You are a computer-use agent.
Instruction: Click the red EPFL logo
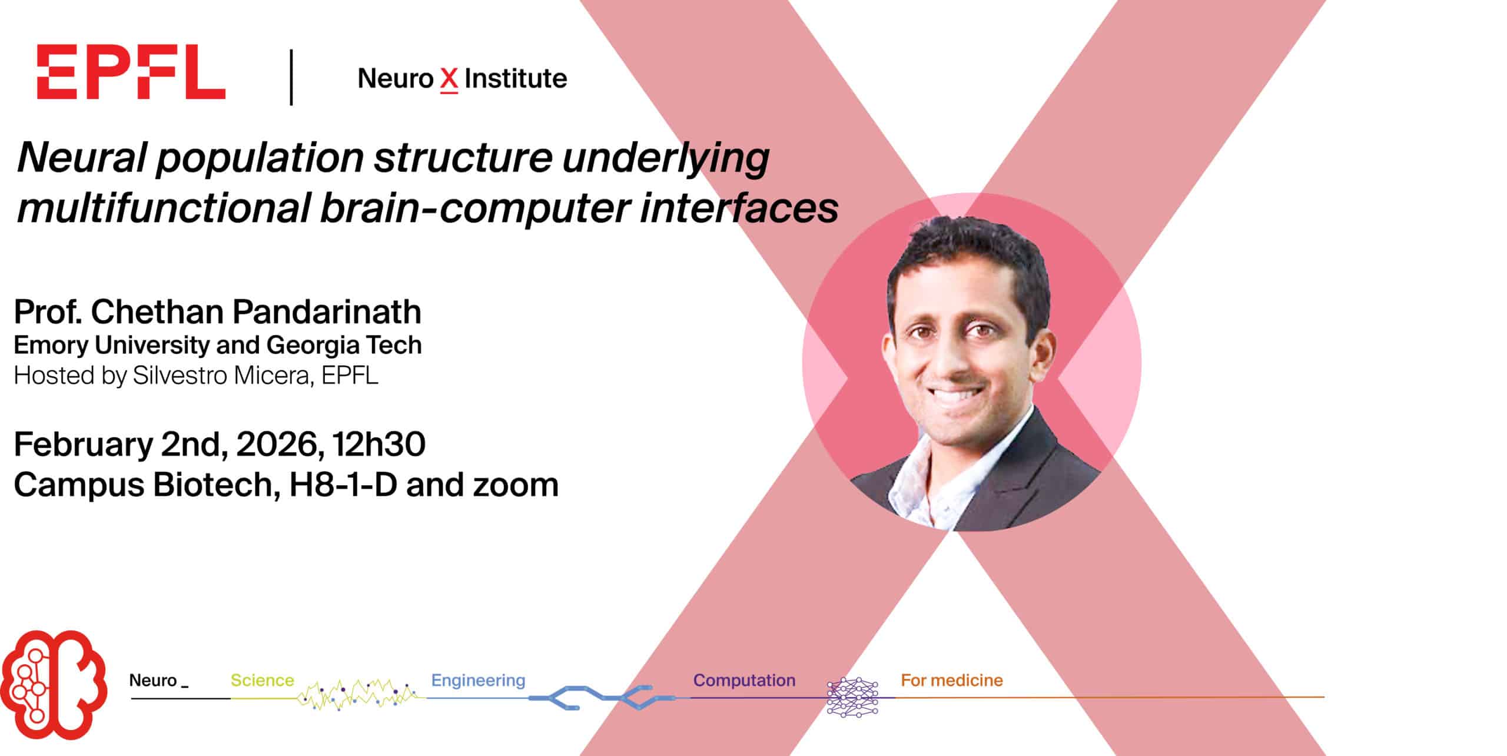[x=131, y=72]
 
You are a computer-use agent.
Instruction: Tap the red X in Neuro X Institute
[x=449, y=80]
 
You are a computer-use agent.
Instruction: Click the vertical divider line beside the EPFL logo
[x=291, y=77]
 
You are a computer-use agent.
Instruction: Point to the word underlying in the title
[x=666, y=159]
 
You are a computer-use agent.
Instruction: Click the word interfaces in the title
[x=738, y=208]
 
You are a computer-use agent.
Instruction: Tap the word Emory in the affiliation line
[x=51, y=346]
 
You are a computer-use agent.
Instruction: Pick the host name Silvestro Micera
[x=221, y=375]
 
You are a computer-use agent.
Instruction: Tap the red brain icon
[x=54, y=684]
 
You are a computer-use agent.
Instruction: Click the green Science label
[x=262, y=681]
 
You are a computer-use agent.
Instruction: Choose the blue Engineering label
[x=478, y=681]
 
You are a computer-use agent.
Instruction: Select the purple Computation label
[x=744, y=681]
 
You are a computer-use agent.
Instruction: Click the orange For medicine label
[x=951, y=681]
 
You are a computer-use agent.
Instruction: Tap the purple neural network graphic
[x=852, y=698]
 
